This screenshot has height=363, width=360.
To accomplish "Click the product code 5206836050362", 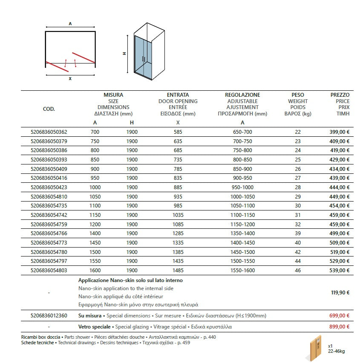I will click(x=49, y=132).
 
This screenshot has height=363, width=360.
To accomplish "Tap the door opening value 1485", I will click(x=178, y=270).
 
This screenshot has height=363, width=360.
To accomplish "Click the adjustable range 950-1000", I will click(x=242, y=187).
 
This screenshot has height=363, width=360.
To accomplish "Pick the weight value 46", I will click(x=298, y=270).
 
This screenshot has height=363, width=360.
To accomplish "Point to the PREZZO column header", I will click(x=340, y=95).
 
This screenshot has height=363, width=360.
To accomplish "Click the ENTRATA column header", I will click(x=178, y=95).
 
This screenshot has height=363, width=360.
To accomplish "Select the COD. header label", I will click(x=49, y=109).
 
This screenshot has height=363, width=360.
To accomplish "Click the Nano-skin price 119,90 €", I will click(x=340, y=293).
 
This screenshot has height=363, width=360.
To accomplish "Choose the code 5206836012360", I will click(x=49, y=316).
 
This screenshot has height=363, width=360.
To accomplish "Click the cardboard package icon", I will click(x=315, y=349).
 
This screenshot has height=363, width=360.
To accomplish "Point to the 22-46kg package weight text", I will click(x=337, y=352).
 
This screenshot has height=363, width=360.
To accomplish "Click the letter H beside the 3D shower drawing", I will click(x=124, y=54).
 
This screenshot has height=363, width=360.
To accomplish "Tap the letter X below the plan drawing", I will click(x=70, y=79).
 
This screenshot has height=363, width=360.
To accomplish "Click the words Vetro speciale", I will click(x=90, y=327).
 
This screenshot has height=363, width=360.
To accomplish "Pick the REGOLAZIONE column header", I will click(x=242, y=95).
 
